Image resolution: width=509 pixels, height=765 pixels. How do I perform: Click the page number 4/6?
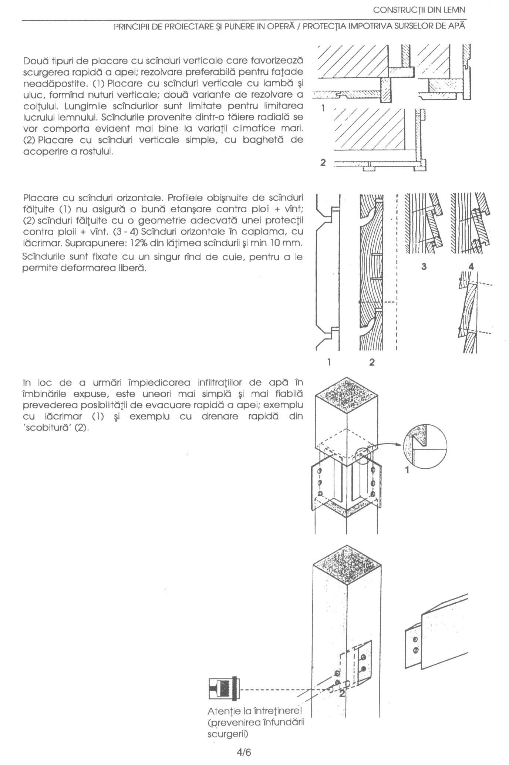[244, 753]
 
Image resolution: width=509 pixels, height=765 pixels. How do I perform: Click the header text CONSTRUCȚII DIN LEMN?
[419, 10]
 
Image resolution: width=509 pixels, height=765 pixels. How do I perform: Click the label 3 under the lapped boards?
[424, 266]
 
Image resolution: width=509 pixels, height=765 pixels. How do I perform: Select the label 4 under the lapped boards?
[471, 266]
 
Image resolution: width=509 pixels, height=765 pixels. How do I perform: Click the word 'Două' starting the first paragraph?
[35, 60]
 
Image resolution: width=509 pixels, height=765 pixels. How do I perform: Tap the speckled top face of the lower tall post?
[347, 569]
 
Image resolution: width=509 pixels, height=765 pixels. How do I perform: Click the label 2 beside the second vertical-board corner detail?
[323, 162]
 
